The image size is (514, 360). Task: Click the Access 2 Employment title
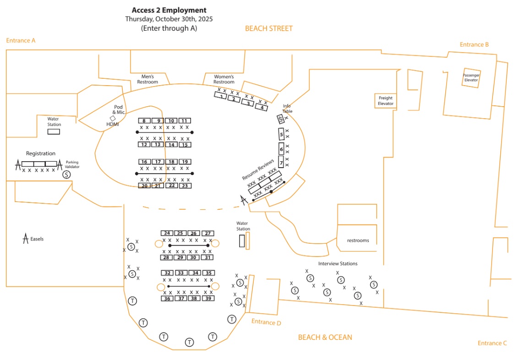coord(169,10)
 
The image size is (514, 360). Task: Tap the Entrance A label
coord(21,40)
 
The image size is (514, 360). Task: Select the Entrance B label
coord(474,44)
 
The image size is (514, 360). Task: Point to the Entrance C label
coord(492,343)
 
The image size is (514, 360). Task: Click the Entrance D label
coord(266,322)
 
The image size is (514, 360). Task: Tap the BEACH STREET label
coord(268,28)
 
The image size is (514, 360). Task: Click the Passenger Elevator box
coord(470,77)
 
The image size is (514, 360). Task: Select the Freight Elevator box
coord(385,101)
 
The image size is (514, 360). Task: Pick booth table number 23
coord(185,185)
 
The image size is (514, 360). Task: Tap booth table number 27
coord(208,233)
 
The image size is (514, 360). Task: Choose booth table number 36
coord(167,298)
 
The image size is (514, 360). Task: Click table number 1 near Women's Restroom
coord(221,96)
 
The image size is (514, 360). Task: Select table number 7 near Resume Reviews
coord(281,162)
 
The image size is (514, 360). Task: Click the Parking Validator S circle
coord(67,175)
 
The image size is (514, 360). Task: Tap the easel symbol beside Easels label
coord(26,238)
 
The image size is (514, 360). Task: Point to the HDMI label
coord(112,124)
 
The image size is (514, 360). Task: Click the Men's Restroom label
coord(148,79)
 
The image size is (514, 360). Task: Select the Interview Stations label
coord(338,263)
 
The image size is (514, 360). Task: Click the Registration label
coord(40,153)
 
